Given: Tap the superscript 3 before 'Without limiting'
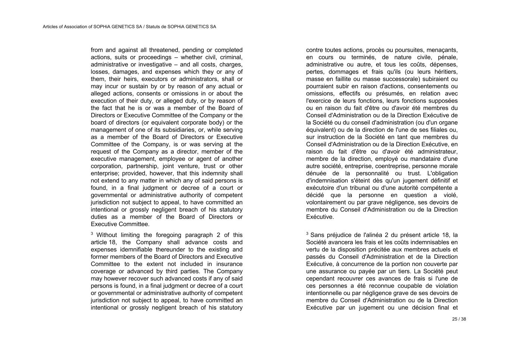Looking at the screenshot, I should pyautogui.click(x=92, y=234).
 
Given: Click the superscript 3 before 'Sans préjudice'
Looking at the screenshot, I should pyautogui.click(x=307, y=234).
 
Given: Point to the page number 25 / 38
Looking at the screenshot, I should pyautogui.click(x=459, y=319).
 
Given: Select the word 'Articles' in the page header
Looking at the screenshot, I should pyautogui.click(x=50, y=27).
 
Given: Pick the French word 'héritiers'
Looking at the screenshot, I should pyautogui.click(x=444, y=72).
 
